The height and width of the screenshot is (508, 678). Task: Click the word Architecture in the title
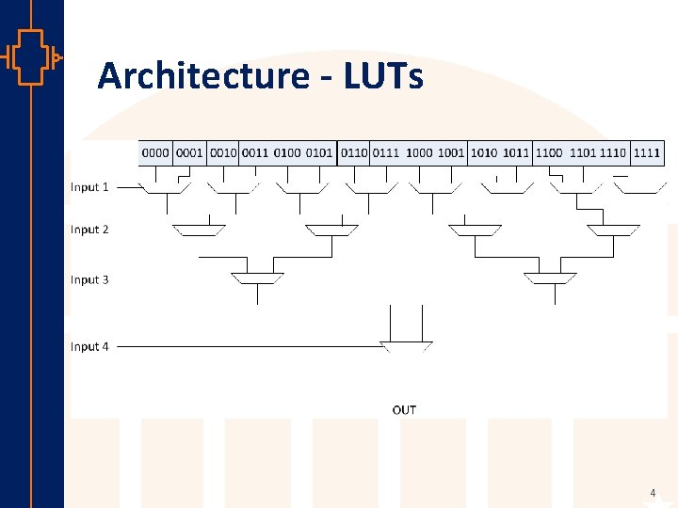coord(202,75)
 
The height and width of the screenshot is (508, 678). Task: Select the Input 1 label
coord(89,187)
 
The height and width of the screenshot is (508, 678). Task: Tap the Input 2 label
coord(89,230)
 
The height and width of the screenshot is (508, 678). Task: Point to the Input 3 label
coord(89,279)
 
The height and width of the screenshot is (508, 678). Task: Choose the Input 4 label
coord(89,346)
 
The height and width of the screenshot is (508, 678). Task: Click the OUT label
coord(404,409)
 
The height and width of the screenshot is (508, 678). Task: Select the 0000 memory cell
coord(155,152)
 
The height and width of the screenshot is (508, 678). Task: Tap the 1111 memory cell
coord(647,152)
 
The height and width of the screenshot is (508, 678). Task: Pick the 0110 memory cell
coord(354,152)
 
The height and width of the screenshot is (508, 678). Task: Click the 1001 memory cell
coord(451,152)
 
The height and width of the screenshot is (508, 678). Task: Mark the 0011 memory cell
coord(254,152)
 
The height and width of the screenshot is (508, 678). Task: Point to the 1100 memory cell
coord(548,152)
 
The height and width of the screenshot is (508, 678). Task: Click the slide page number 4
coord(652,493)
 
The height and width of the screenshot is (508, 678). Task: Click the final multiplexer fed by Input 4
coord(406,345)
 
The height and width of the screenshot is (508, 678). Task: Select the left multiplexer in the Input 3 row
coord(257,278)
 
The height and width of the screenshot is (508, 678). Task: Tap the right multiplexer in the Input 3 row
coord(551,278)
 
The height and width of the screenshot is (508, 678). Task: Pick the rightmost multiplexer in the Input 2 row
coord(614,230)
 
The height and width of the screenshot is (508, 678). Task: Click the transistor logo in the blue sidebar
coord(31,57)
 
